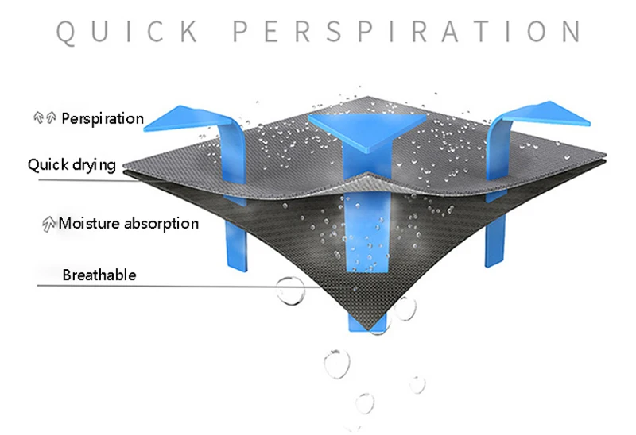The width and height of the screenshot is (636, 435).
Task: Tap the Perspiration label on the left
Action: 103,119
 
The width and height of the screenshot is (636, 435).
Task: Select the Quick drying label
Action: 72,165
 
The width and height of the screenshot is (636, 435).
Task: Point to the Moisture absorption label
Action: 128,223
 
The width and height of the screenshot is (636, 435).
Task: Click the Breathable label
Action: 99,275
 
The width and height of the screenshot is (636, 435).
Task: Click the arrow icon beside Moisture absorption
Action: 48,224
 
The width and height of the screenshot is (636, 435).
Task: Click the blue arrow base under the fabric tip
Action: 367,321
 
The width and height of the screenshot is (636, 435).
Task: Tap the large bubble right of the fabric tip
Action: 405,308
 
